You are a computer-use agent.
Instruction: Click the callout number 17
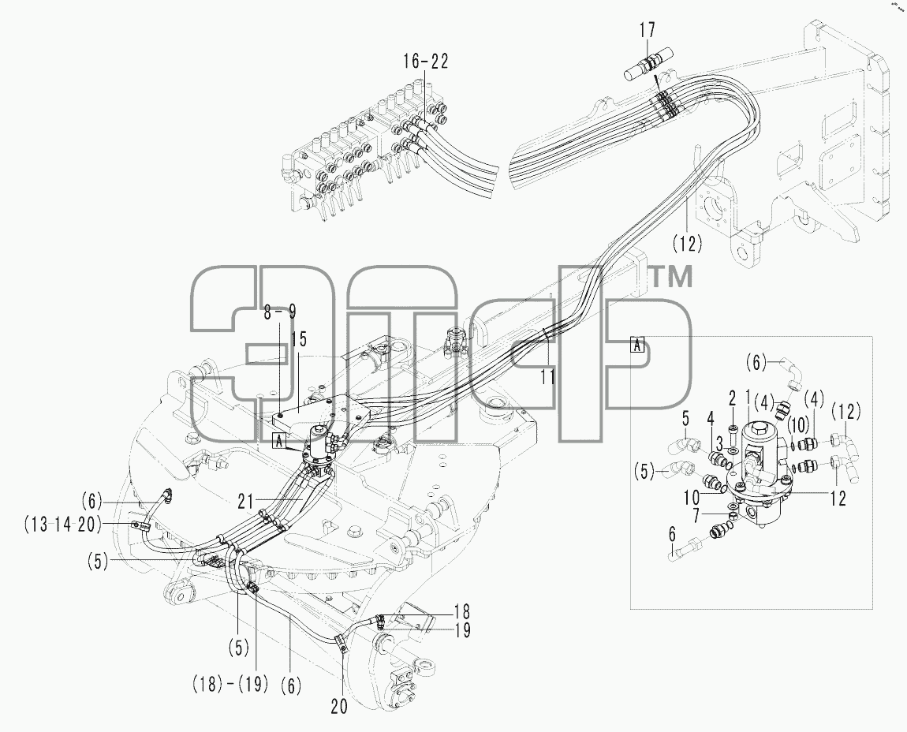click(648, 30)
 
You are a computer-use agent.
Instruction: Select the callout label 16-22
click(427, 62)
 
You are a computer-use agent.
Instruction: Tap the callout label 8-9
click(280, 312)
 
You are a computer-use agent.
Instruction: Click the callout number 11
click(548, 377)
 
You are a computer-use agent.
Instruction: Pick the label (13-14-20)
click(62, 525)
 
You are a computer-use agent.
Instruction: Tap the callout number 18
click(462, 611)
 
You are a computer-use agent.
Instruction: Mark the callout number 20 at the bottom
click(339, 707)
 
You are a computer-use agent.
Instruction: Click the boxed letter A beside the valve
click(279, 442)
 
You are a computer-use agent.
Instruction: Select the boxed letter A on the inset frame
click(636, 345)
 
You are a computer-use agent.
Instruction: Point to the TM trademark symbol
click(672, 277)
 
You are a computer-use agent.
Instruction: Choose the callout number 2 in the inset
click(732, 398)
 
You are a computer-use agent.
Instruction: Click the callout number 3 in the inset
click(720, 444)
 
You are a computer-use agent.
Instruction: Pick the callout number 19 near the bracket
click(462, 630)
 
